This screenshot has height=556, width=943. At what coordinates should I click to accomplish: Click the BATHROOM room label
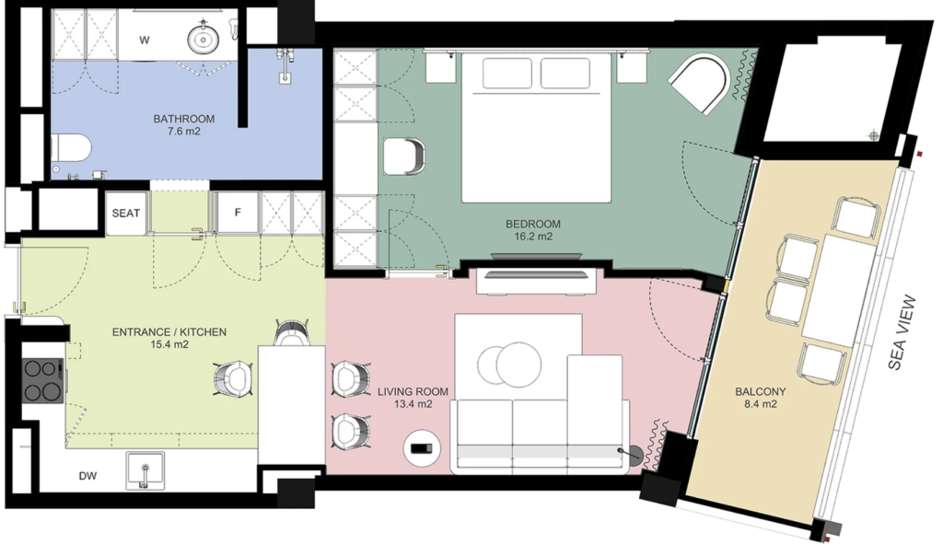[183, 119]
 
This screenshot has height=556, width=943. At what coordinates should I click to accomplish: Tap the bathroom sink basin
[204, 39]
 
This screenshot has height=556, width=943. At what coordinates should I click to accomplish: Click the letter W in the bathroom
[145, 41]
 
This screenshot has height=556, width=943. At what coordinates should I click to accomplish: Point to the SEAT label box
[125, 214]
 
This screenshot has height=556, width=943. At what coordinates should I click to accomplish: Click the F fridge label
[238, 212]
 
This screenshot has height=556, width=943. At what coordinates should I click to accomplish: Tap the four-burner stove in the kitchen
[42, 380]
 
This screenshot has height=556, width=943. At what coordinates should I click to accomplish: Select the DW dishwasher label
[87, 476]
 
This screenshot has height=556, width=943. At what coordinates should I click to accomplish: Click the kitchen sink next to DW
[145, 470]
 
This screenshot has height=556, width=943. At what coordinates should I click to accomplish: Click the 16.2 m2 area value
[533, 237]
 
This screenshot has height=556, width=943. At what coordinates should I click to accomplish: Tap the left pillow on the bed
[506, 74]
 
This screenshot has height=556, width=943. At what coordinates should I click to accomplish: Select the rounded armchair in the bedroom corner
[701, 84]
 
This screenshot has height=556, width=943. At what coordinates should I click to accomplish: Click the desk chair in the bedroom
[403, 156]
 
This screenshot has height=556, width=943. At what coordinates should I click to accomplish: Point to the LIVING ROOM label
[413, 392]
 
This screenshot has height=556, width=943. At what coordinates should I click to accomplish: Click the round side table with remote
[422, 447]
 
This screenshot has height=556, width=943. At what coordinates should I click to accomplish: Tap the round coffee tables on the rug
[509, 365]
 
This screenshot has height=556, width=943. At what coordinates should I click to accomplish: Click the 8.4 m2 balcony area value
[760, 404]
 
